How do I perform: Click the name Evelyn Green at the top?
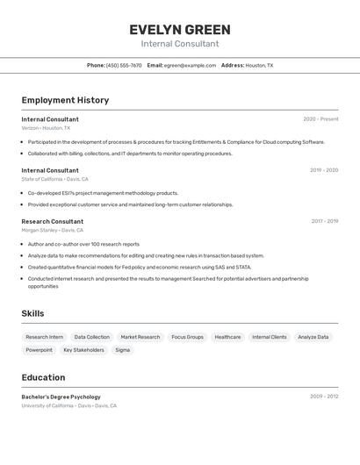point(180,29)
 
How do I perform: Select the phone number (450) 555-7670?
point(124,65)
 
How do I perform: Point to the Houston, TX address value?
point(259,65)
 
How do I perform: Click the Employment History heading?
point(65,100)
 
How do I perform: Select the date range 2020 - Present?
point(320,119)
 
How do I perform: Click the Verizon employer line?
point(46,128)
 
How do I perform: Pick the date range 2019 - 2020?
point(323,170)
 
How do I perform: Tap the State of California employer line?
point(54,179)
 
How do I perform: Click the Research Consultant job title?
point(53,221)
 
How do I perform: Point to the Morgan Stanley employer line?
point(53,230)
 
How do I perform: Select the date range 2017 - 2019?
point(323,221)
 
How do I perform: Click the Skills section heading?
point(32,313)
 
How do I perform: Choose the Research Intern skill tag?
point(45,337)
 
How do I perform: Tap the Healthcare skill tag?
point(227,337)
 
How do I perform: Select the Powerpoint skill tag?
point(39,350)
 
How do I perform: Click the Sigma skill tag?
point(123,350)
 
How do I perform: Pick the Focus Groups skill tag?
point(187,337)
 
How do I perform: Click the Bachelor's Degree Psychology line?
point(61,397)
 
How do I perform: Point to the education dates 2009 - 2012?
point(323,397)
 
